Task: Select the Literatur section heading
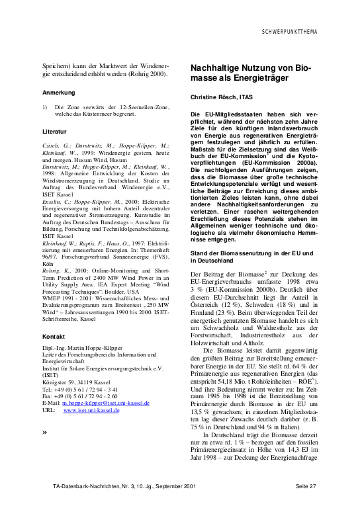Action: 54,132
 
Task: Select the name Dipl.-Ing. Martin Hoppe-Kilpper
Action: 85,348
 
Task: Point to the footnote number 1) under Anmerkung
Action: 44,106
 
